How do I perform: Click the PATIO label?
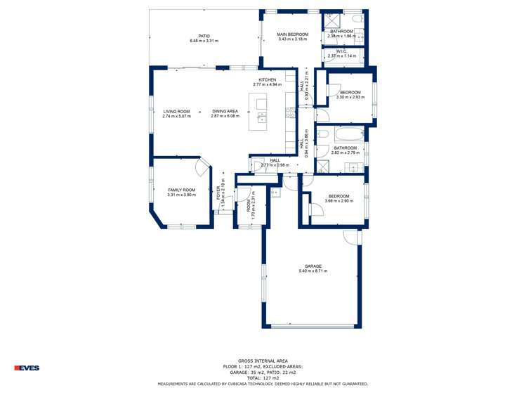tap(204, 35)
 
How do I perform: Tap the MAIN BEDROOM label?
tap(292, 34)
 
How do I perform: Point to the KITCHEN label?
tap(267, 79)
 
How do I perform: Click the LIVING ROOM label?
tap(176, 111)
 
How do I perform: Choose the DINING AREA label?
tap(225, 111)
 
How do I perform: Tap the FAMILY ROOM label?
tap(181, 190)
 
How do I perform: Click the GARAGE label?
tap(313, 266)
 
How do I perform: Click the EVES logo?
tap(27, 368)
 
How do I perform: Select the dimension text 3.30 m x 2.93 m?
tap(350, 98)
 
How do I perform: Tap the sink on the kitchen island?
tap(262, 116)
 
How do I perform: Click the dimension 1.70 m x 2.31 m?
tap(253, 209)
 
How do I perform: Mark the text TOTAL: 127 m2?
tap(263, 378)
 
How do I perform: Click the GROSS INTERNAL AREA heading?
tap(263, 361)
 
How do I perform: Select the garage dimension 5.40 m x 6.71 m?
tap(313, 271)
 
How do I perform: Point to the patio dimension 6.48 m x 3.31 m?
tap(204, 41)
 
